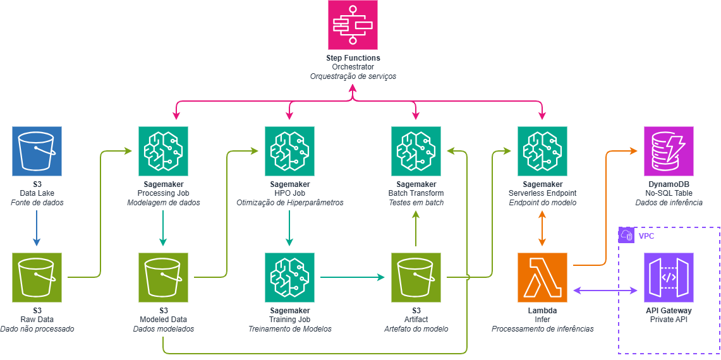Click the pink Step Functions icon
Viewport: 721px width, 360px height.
click(x=353, y=25)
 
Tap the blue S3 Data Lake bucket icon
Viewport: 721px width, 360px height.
click(x=37, y=152)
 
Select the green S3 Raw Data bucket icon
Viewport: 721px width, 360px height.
click(x=37, y=278)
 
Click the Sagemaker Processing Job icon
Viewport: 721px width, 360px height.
click(x=163, y=152)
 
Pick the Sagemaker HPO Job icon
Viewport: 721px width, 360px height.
click(x=289, y=152)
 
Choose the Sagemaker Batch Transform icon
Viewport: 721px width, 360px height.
click(x=416, y=152)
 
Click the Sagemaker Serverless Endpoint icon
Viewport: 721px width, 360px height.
click(x=542, y=152)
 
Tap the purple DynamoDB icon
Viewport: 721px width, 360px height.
click(x=669, y=152)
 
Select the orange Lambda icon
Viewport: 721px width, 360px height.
click(x=542, y=278)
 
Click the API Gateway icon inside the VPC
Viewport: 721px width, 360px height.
click(x=669, y=278)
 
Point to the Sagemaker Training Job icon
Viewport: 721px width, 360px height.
click(x=289, y=278)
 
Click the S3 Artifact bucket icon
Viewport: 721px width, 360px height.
click(x=416, y=278)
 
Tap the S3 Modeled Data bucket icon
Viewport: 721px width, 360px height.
click(x=163, y=278)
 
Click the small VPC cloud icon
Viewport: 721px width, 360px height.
click(x=627, y=235)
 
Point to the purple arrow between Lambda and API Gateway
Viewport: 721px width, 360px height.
click(x=605, y=290)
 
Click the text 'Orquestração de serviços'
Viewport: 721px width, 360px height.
click(x=353, y=76)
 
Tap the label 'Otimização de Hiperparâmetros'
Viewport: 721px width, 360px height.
click(x=289, y=203)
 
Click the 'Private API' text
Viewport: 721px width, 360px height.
click(x=669, y=320)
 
